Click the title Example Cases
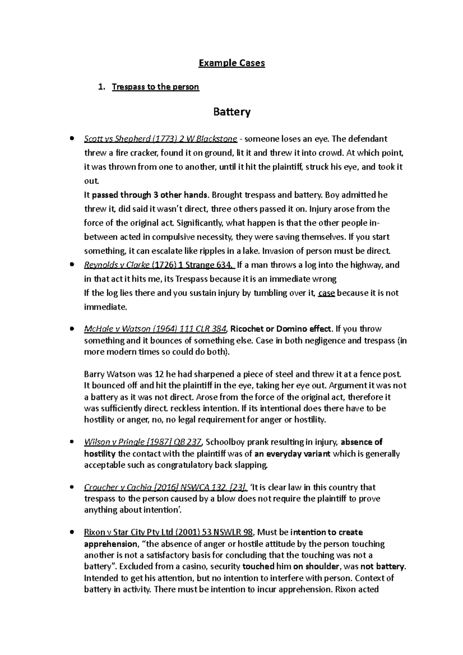coord(231,63)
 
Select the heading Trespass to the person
coord(155,87)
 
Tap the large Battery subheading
coord(231,112)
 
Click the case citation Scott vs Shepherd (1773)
coord(160,139)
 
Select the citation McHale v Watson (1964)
coord(155,329)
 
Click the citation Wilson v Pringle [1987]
coord(142,442)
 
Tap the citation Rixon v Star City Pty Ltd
coord(168,532)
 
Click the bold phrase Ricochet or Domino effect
coord(281,329)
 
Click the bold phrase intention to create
coord(326,532)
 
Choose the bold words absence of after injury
coord(362,442)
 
